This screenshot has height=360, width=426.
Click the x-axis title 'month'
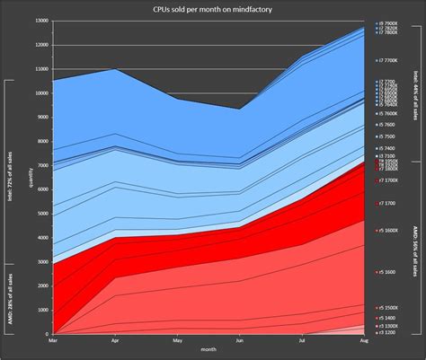208,349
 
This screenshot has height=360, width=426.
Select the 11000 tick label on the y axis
40,68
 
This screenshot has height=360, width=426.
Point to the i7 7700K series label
388,59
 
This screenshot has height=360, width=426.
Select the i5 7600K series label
388,114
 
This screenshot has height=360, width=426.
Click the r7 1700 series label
387,204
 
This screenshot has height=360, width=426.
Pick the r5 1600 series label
387,271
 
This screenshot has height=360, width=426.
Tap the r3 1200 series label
387,331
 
